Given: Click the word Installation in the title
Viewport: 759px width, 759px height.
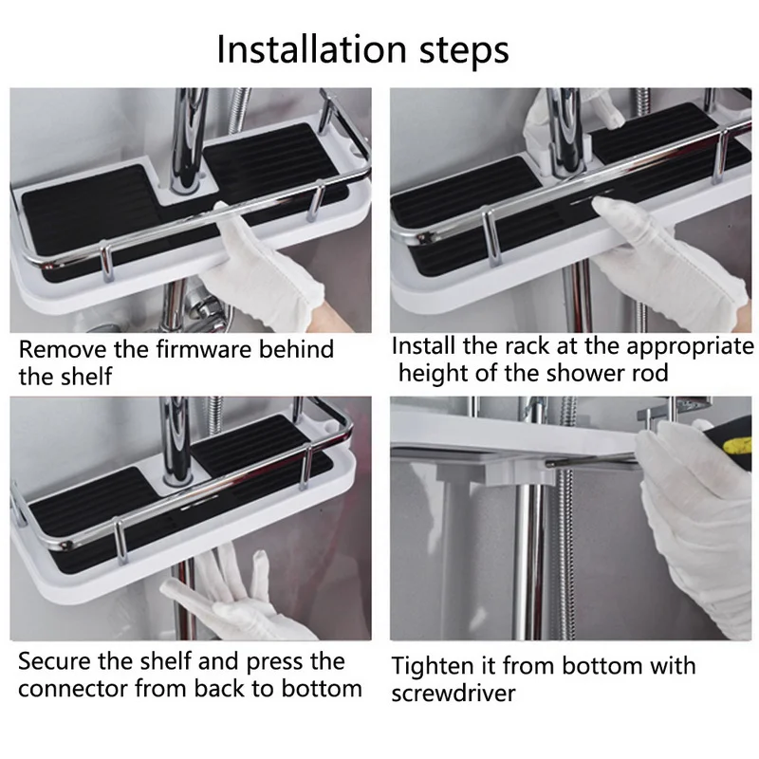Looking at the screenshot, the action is [311, 49].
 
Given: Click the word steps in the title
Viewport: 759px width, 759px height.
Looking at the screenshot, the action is [464, 51].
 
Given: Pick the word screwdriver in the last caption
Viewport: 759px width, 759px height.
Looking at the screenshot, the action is [454, 694].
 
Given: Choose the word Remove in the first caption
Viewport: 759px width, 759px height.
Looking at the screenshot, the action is [63, 349].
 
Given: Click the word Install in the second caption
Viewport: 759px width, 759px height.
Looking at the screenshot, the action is [423, 346].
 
